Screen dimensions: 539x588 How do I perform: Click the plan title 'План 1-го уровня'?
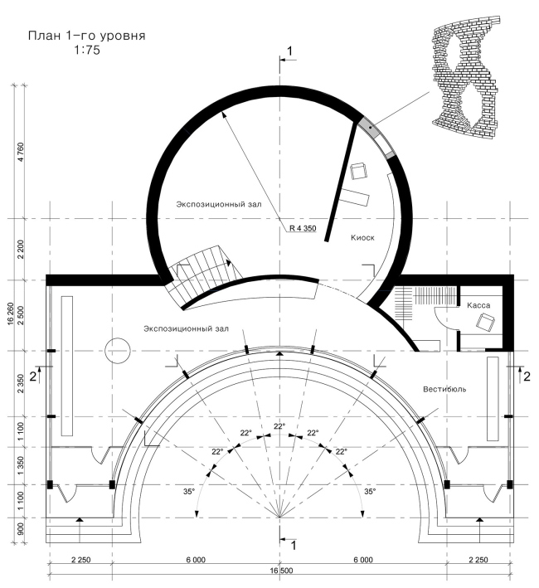tap(86, 36)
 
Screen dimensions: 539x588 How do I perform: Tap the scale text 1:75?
tap(87, 51)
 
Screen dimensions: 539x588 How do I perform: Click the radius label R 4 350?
tap(303, 228)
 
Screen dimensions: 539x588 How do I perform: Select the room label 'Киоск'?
tap(362, 238)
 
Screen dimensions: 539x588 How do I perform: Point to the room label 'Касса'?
tap(478, 305)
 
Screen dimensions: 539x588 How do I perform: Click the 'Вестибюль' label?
tap(444, 389)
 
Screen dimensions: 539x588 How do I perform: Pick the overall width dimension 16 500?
tap(281, 571)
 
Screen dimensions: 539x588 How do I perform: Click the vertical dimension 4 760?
tap(20, 152)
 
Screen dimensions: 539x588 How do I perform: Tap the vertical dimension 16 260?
tap(10, 313)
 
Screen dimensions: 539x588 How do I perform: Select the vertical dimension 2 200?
tap(20, 250)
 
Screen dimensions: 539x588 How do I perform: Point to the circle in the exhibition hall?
tap(117, 351)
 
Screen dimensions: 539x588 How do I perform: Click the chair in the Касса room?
tap(485, 323)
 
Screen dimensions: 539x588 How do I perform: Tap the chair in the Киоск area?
tap(359, 171)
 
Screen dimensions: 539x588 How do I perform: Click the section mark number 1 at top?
tap(289, 51)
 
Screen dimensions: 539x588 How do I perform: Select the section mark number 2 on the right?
tap(527, 377)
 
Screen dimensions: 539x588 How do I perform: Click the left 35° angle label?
tap(189, 491)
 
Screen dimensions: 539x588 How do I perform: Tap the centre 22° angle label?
tap(279, 426)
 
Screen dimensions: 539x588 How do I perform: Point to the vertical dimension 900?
tap(20, 529)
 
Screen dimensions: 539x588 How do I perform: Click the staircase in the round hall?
tap(202, 272)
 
